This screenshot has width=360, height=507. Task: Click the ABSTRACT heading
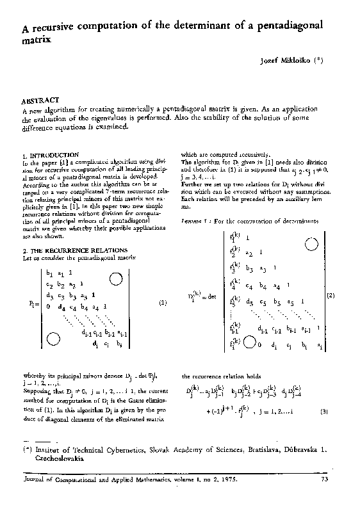coord(41,101)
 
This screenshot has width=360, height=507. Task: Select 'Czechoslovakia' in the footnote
coord(56,459)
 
